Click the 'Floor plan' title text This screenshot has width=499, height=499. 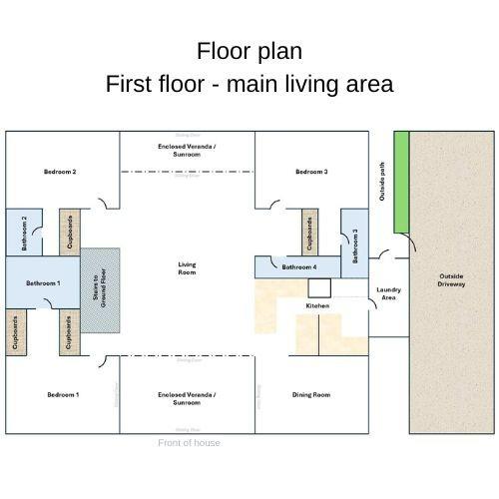(249, 51)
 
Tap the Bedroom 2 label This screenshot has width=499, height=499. (60, 172)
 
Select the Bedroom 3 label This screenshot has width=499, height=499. (311, 172)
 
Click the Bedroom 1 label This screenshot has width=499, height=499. (63, 395)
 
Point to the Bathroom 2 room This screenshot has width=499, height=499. (25, 233)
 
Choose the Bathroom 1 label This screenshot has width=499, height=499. (43, 283)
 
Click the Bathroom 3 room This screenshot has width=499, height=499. (355, 243)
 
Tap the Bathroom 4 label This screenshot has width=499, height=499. (298, 267)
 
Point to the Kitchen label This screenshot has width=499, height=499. (317, 305)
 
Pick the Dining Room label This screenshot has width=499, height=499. (311, 395)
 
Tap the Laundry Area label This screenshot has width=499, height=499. (388, 293)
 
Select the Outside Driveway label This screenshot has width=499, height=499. (451, 280)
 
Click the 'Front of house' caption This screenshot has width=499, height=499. (189, 442)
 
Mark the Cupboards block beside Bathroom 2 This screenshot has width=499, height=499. (69, 233)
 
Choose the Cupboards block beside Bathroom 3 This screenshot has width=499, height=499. (309, 233)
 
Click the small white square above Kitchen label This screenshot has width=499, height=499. (318, 287)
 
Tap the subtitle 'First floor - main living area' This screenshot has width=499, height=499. (249, 84)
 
